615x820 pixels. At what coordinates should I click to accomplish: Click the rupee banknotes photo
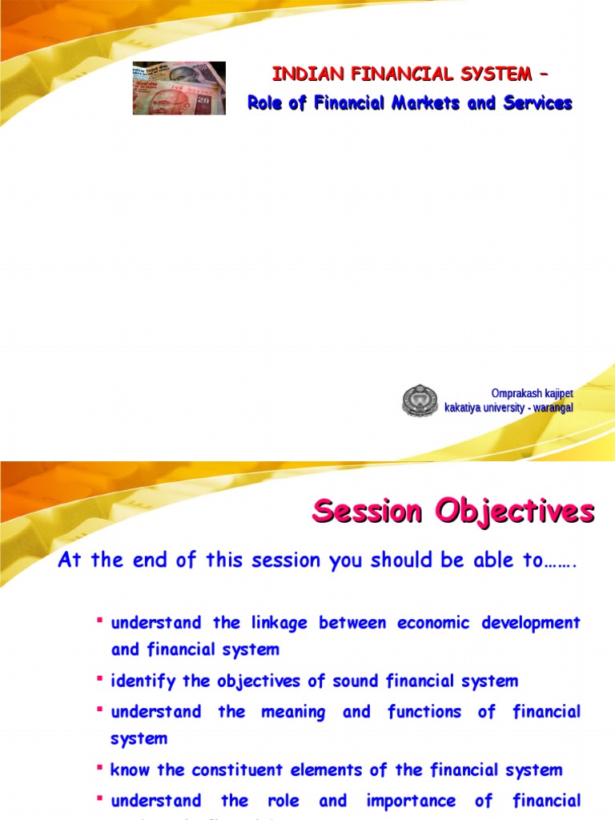179,88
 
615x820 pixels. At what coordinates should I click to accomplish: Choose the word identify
138,681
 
